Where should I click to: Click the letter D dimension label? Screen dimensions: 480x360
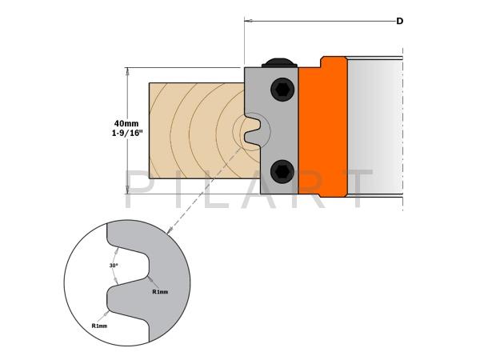[x=399, y=21]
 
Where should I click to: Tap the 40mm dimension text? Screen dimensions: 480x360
[x=126, y=123]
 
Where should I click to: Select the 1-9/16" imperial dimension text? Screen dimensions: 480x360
[x=127, y=133]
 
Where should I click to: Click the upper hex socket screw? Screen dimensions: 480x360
[x=282, y=90]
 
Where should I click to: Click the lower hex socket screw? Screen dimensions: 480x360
[x=282, y=172]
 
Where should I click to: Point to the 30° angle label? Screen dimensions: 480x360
[x=114, y=266]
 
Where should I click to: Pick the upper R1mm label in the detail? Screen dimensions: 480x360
[x=160, y=292]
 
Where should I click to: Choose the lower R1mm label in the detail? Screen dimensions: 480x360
[x=99, y=326]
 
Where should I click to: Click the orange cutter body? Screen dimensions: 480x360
[x=323, y=126]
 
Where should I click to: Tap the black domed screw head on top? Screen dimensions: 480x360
[x=279, y=62]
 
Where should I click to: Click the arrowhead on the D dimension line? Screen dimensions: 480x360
[x=248, y=21]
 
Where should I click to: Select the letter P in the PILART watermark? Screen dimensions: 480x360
[x=137, y=189]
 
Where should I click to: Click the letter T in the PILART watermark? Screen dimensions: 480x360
[x=358, y=189]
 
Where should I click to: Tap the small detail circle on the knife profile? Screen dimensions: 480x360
[x=251, y=132]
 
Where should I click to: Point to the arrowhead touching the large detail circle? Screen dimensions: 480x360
[x=168, y=231]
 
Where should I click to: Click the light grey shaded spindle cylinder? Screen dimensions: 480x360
[x=375, y=126]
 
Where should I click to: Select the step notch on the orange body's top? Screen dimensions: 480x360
[x=322, y=62]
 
